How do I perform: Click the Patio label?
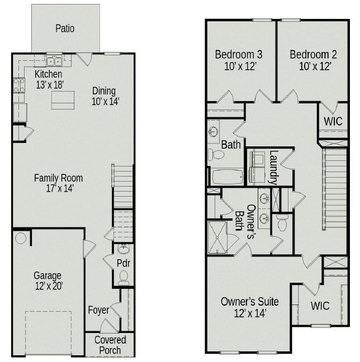pyautogui.click(x=65, y=28)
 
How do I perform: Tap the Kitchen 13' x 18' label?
pyautogui.click(x=49, y=79)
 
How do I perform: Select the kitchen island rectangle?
pyautogui.click(x=63, y=100)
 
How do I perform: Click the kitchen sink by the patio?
pyautogui.click(x=54, y=61)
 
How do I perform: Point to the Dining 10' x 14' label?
pyautogui.click(x=106, y=96)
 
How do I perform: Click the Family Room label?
pyautogui.click(x=58, y=183)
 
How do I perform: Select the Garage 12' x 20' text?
pyautogui.click(x=48, y=280)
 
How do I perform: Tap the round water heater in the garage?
pyautogui.click(x=21, y=239)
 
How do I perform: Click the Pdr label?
pyautogui.click(x=124, y=263)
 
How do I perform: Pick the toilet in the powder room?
pyautogui.click(x=124, y=276)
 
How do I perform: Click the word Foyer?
pyautogui.click(x=98, y=309)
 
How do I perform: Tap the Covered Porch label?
pyautogui.click(x=110, y=345)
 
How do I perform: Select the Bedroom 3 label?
pyautogui.click(x=239, y=60)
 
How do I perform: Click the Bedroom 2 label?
pyautogui.click(x=314, y=60)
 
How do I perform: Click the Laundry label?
pyautogui.click(x=273, y=167)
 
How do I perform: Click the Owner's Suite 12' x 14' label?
pyautogui.click(x=249, y=307)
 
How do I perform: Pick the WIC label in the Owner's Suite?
pyautogui.click(x=320, y=306)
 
